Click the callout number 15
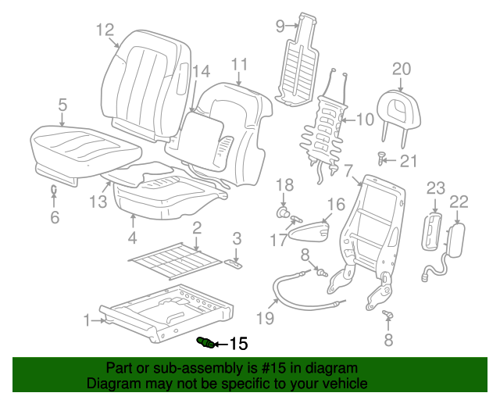point(237,344)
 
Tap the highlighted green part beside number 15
point(206,342)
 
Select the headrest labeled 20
point(398,109)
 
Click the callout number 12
point(105,30)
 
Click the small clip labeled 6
point(54,190)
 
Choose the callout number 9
point(281,25)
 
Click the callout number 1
point(87,319)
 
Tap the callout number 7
point(348,170)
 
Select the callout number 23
point(435,187)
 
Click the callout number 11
point(238,63)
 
